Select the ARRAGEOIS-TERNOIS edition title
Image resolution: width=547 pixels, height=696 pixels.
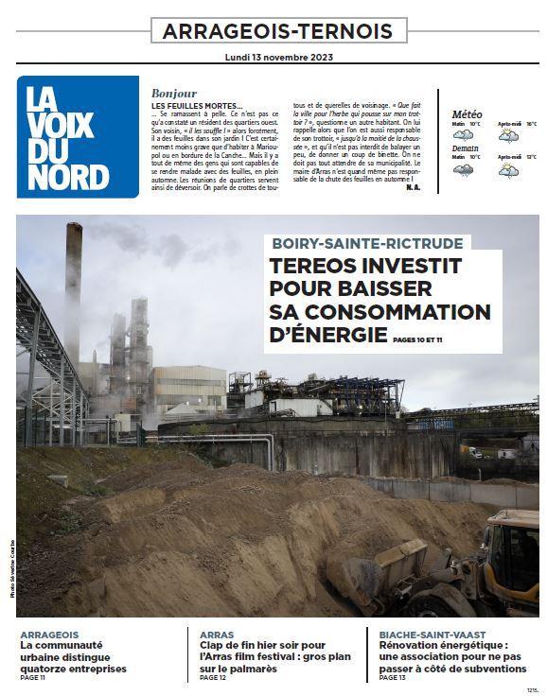point(278,30)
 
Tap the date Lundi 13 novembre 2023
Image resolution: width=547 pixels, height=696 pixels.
point(278,57)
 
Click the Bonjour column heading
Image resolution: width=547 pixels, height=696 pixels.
point(174,93)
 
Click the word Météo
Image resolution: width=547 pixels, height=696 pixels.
point(468,114)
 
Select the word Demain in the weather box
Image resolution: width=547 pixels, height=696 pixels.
point(465,148)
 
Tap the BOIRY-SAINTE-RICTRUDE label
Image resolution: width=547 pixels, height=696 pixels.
point(367,242)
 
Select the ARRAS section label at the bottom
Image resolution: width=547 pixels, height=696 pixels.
point(218,635)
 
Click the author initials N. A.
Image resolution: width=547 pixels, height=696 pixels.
point(413,186)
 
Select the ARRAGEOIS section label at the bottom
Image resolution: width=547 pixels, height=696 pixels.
point(49,635)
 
